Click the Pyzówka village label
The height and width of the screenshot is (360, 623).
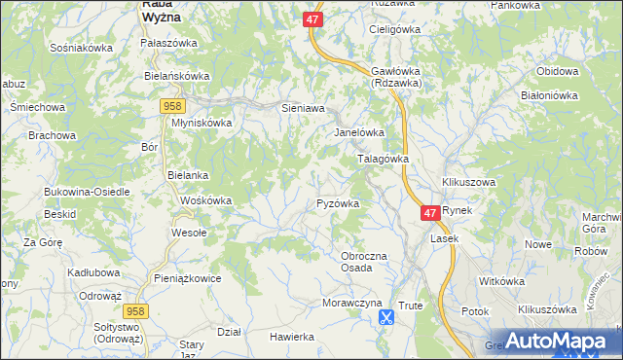[x=339, y=203]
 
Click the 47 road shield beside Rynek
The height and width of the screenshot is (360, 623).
[x=430, y=211]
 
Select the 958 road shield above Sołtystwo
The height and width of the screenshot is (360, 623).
[x=135, y=309]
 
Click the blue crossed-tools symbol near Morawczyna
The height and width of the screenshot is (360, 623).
[x=386, y=316]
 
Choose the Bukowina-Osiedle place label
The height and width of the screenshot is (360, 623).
[x=87, y=192]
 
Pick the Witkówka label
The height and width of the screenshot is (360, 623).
[x=502, y=281]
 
